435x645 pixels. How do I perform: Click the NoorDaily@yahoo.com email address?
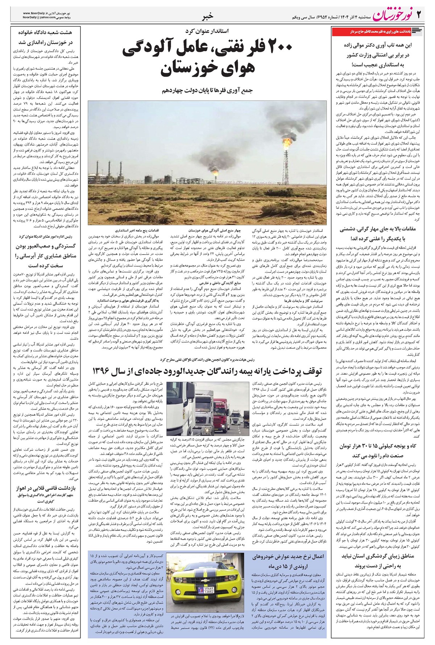[x=40, y=17]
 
